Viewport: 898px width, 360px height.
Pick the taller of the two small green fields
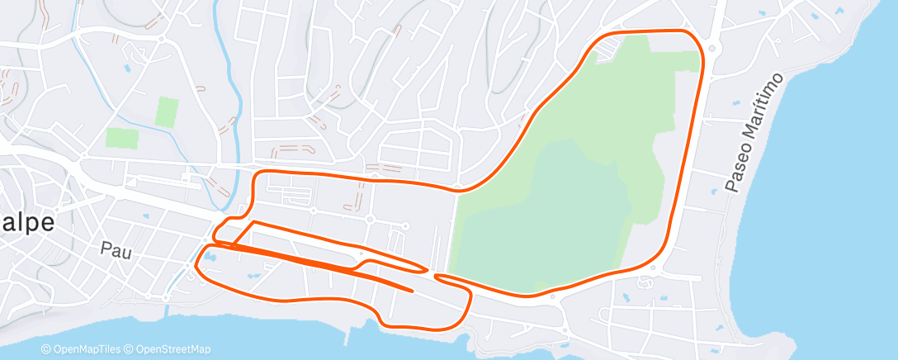click(167, 111)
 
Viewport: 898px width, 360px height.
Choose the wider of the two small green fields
click(121, 138)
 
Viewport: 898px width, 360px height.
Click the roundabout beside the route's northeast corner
click(712, 49)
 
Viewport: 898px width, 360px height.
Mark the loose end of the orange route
click(412, 290)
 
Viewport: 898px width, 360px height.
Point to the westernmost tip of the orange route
click(196, 266)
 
